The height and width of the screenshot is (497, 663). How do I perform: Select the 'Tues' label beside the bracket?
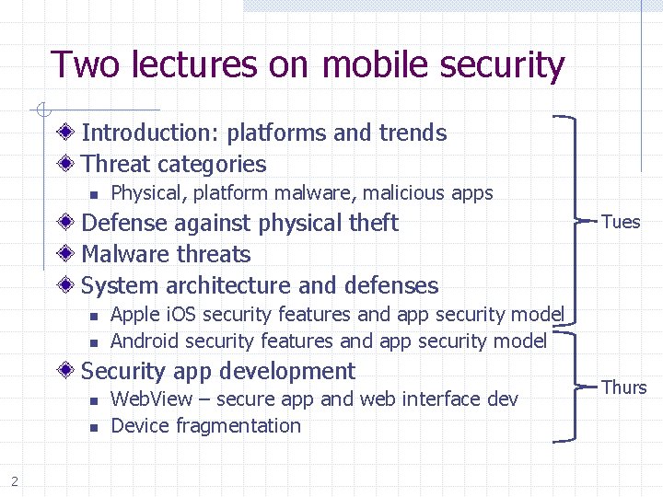621,221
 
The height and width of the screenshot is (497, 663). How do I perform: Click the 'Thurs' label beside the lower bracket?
623,387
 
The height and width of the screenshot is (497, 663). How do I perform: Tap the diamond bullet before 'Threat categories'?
68,165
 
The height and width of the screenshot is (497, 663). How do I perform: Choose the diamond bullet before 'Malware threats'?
68,255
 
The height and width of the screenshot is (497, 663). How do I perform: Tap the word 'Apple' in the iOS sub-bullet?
134,315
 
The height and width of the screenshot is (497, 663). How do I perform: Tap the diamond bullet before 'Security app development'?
68,372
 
